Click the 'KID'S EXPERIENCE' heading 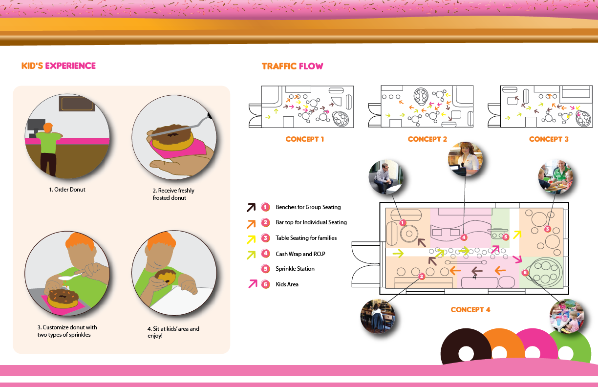pos(59,66)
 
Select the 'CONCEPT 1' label pos(305,139)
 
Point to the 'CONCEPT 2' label pos(427,139)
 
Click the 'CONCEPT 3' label pos(549,139)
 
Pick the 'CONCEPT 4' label pos(470,310)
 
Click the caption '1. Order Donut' pos(67,190)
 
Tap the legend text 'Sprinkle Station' pos(295,269)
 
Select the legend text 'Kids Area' pos(287,284)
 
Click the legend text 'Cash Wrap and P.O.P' pos(300,254)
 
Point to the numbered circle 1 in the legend pos(265,207)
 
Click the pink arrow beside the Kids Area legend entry pos(252,284)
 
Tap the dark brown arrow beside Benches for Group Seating pos(251,207)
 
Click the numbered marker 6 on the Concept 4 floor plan pos(525,273)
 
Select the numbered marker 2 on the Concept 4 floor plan pos(421,276)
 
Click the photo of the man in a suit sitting pos(385,177)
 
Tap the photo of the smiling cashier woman pos(466,159)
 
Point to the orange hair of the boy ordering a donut pos(47,127)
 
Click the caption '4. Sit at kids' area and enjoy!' pos(173,332)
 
